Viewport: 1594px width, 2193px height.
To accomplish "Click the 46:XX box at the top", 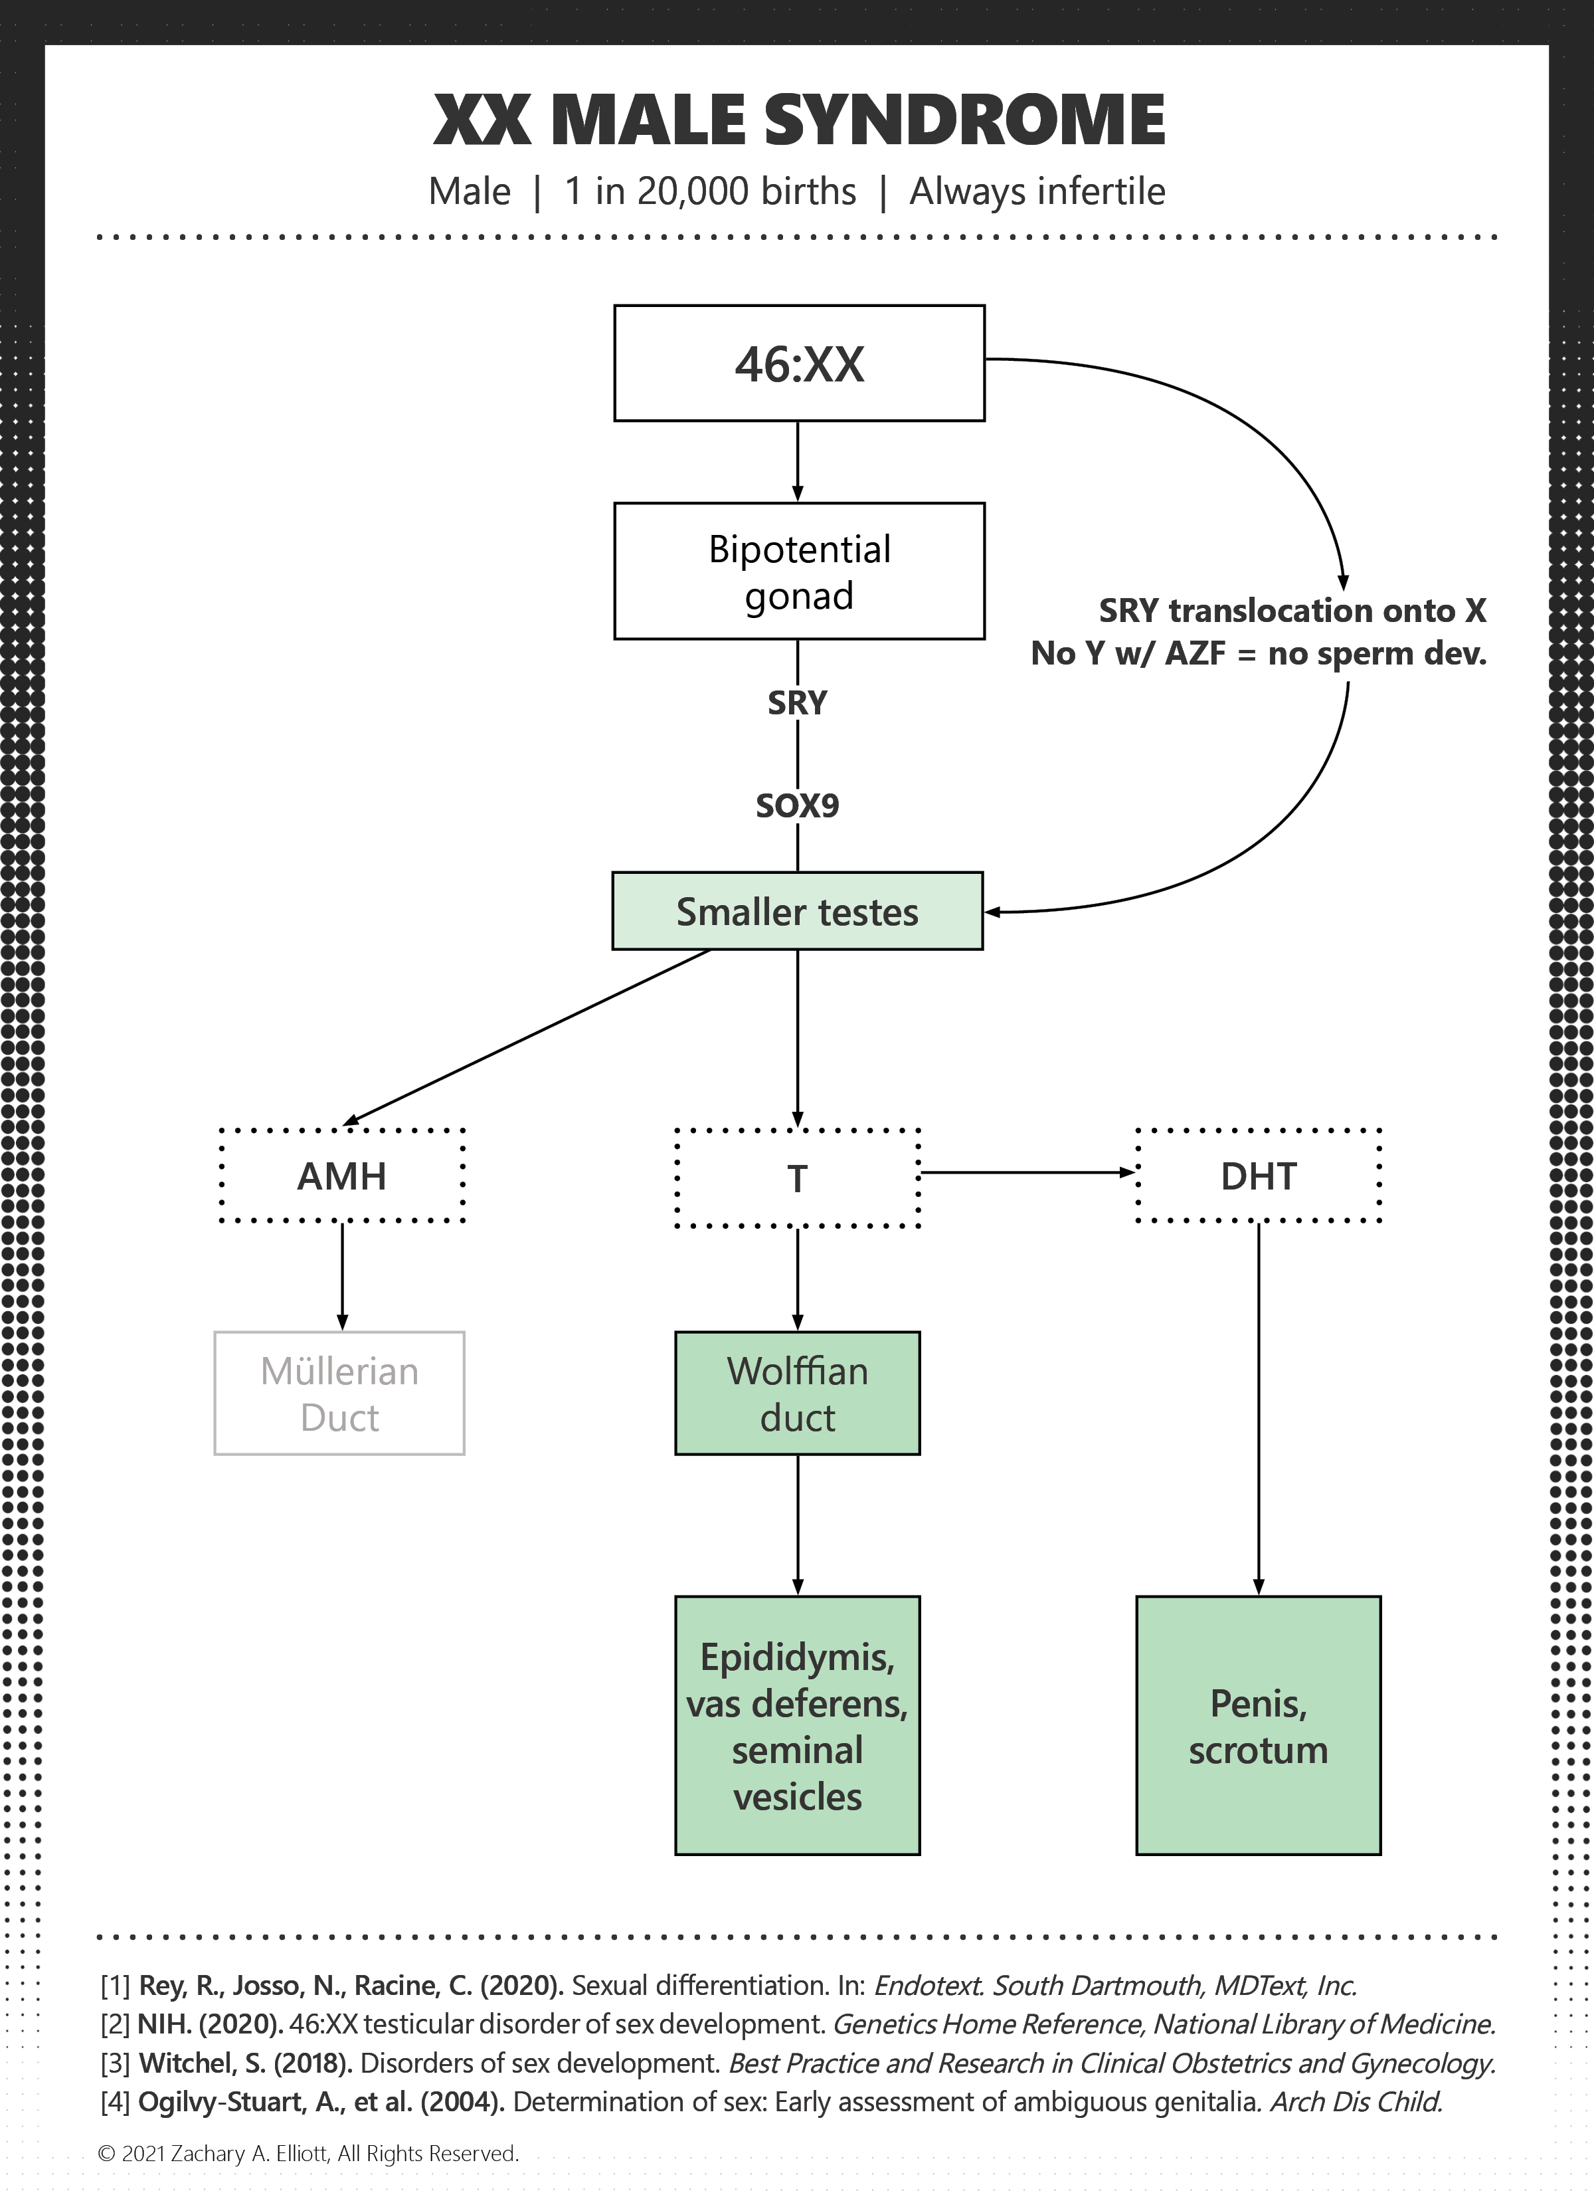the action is point(800,363).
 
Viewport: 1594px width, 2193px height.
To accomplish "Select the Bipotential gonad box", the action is point(800,570).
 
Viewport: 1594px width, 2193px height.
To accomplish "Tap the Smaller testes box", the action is point(798,911).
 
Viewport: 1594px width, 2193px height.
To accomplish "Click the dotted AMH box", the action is point(342,1175).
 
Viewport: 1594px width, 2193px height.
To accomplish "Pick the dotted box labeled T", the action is point(798,1178).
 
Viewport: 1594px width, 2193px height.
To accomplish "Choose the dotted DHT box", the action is point(1259,1175).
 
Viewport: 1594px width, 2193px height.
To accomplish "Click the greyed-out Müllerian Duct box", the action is point(339,1392).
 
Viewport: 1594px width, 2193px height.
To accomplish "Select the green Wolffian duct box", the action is point(798,1392).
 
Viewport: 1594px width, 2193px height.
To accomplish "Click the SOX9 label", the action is point(798,805).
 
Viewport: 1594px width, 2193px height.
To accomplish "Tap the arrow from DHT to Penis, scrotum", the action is point(1259,1409).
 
